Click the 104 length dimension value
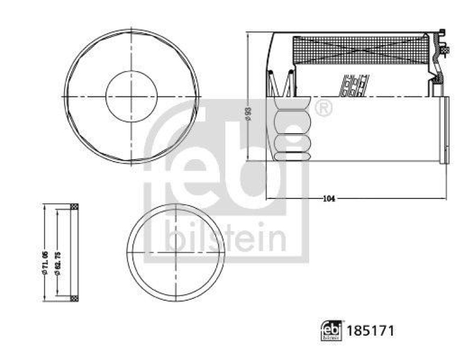click(x=329, y=199)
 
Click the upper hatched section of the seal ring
click(x=74, y=207)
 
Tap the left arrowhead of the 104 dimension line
click(x=268, y=199)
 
